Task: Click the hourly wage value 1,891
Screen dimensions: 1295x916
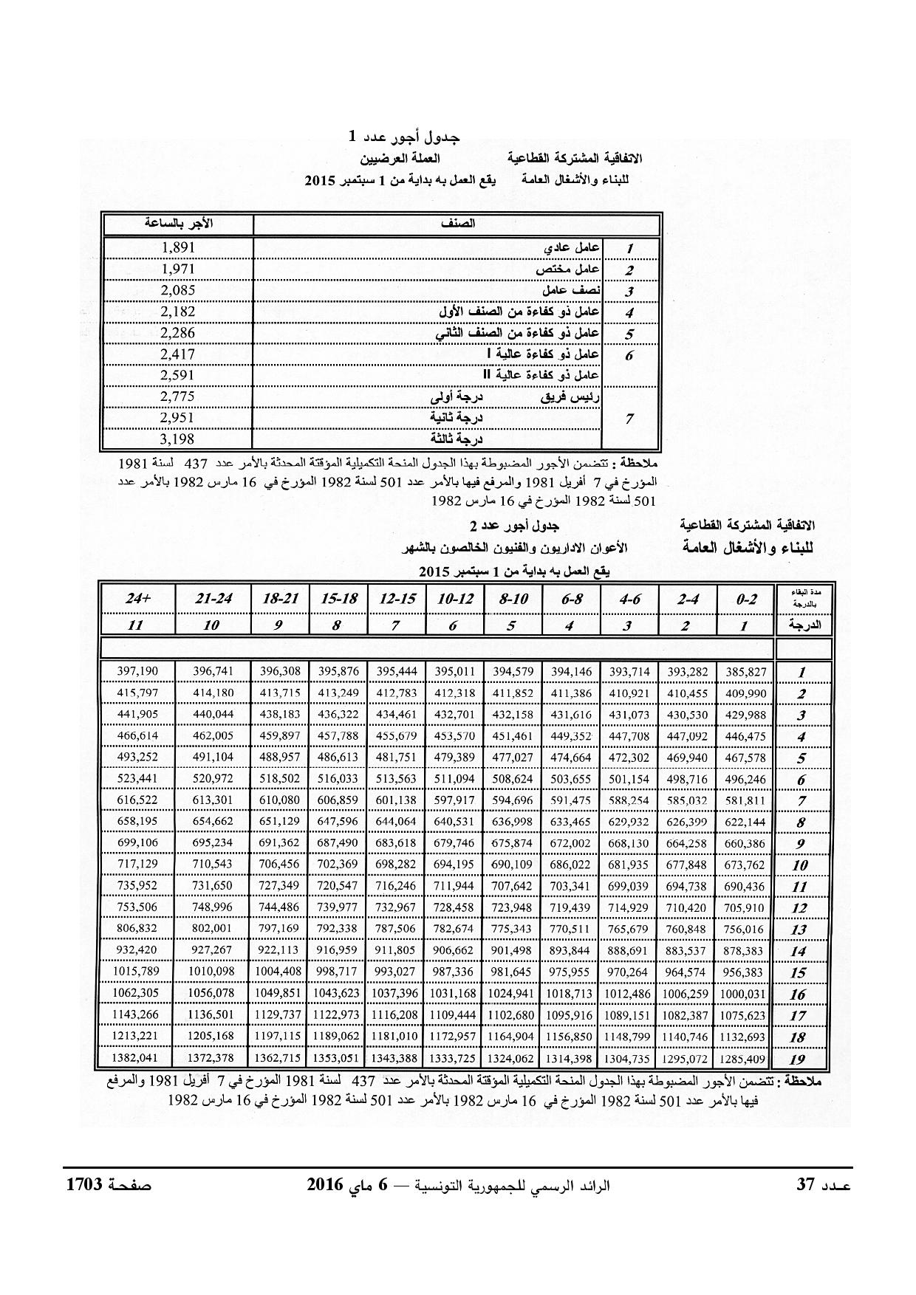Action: (x=177, y=248)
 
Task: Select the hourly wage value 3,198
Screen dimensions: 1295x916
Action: (x=177, y=439)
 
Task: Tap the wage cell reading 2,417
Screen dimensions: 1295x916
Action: (x=177, y=354)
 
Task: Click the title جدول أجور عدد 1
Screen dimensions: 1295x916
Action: (x=404, y=137)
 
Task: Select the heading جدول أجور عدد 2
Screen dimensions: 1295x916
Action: (x=515, y=526)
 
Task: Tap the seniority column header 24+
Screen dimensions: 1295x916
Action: (x=137, y=600)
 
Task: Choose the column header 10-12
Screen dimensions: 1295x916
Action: (x=454, y=600)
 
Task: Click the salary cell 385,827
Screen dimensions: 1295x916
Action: (x=745, y=672)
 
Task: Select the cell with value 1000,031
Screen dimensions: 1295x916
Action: (x=745, y=994)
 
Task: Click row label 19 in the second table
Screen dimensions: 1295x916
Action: (x=798, y=1059)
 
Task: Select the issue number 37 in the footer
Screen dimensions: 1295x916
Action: (x=804, y=1186)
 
